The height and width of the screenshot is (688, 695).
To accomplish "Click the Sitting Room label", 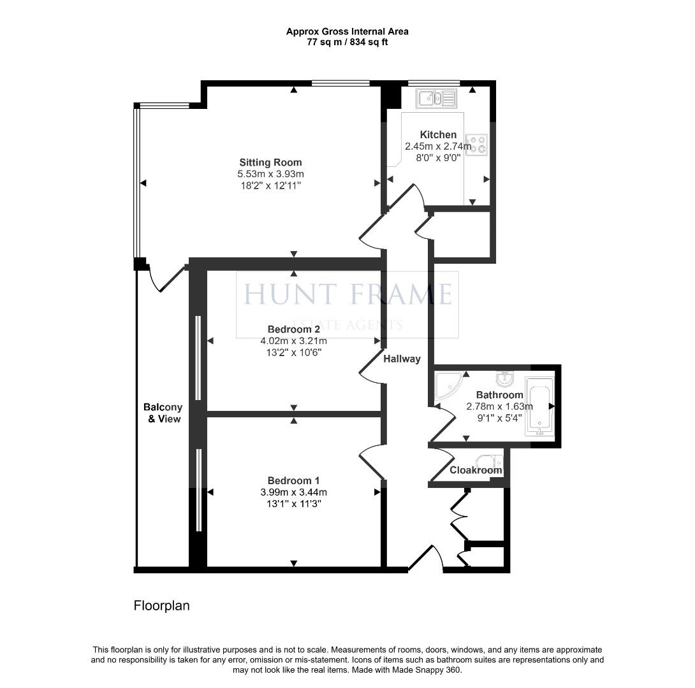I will (x=270, y=162).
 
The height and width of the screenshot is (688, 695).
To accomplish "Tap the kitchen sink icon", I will (x=436, y=98).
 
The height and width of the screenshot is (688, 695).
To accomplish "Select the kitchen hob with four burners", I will (x=476, y=145).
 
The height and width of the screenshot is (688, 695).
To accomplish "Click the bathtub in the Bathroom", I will (x=539, y=406).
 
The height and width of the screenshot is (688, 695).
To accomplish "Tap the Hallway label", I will (x=402, y=359).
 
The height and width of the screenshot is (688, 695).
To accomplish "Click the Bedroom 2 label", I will (x=294, y=329).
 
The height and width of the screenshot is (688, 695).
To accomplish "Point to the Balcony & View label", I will (x=163, y=413).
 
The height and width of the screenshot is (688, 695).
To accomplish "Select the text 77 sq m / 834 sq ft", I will (x=347, y=42).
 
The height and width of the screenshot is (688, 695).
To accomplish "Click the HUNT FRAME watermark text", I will (x=348, y=294).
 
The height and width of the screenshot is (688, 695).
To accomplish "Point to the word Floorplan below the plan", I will (x=161, y=605).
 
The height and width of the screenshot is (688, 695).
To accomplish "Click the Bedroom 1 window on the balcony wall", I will (x=199, y=489).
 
